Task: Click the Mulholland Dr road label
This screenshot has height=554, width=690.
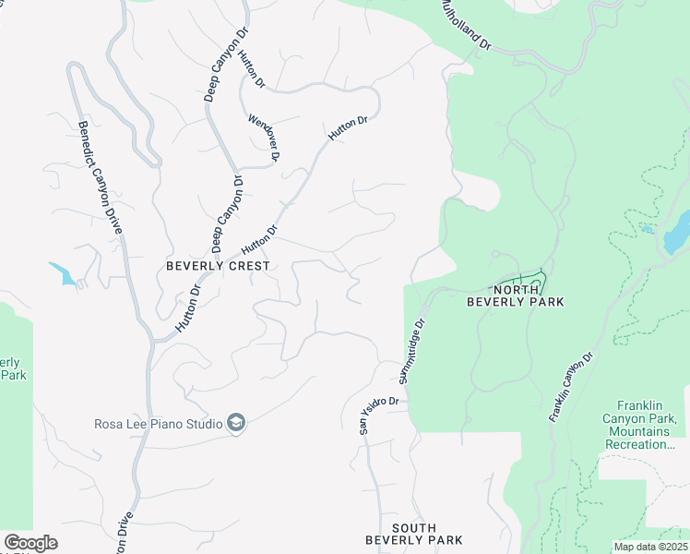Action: pos(466,25)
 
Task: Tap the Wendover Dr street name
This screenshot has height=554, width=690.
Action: pos(263,138)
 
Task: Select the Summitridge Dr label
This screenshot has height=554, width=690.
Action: pos(411,352)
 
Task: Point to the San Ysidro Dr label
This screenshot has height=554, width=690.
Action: pos(379,413)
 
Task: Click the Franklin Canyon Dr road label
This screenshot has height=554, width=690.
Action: pos(570,387)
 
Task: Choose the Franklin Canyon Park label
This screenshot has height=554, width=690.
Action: pos(652,425)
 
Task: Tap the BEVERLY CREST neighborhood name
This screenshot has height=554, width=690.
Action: pos(218,266)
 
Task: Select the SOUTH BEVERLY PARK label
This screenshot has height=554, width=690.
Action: pos(413,534)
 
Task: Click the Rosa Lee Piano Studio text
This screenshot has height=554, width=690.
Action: pos(158,424)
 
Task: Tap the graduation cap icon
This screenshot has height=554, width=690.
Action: pos(236,423)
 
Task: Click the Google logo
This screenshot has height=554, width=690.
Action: pos(30,543)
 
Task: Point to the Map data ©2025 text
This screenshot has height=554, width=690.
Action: pos(650,547)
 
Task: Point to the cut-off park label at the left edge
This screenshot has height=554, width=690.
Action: pos(12,368)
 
